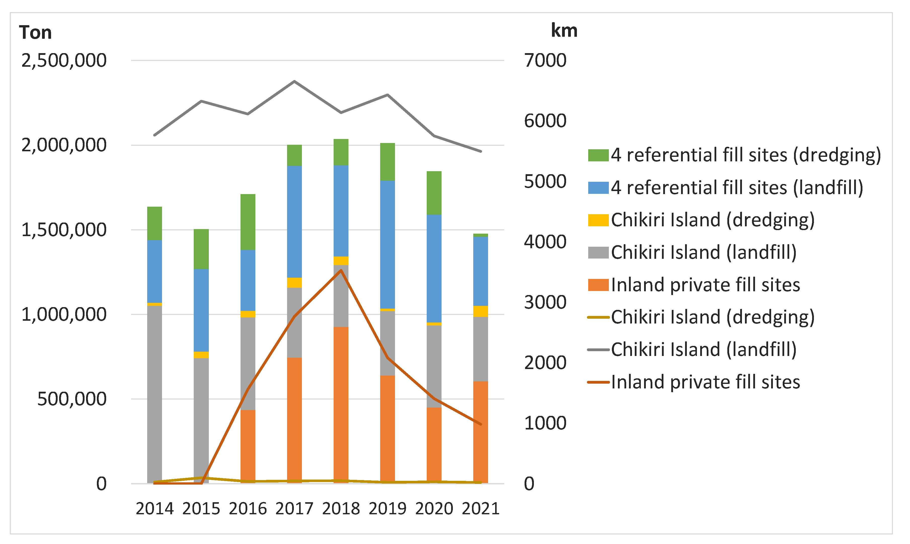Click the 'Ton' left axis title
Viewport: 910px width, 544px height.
[x=35, y=33]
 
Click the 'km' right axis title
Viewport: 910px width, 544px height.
[x=564, y=30]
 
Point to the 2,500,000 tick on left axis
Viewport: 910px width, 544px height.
[x=64, y=60]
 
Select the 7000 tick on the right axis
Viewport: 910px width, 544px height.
[x=545, y=60]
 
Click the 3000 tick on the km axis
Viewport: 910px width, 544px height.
[x=545, y=302]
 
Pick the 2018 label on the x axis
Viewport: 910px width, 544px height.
[x=341, y=509]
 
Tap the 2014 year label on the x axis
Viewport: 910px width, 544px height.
[x=154, y=509]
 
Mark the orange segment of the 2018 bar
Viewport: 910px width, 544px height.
[x=341, y=403]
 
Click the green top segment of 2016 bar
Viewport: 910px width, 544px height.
[x=248, y=222]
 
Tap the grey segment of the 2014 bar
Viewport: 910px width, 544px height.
[x=154, y=394]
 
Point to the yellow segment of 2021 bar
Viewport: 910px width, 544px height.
[x=480, y=311]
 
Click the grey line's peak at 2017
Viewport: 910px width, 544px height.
[x=295, y=81]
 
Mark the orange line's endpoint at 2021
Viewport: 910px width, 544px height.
[x=480, y=424]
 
